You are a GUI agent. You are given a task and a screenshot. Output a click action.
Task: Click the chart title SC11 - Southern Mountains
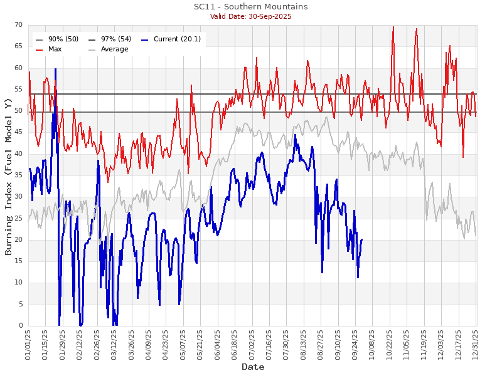(250, 7)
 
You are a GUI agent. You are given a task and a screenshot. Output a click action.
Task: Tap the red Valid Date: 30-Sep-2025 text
(250, 16)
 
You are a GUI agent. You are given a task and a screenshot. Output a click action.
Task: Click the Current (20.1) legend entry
(172, 39)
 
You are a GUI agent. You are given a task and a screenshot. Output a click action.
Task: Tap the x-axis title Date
(253, 367)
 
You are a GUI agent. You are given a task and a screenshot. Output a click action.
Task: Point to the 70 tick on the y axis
(18, 25)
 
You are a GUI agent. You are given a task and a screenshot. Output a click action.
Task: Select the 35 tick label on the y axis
(18, 175)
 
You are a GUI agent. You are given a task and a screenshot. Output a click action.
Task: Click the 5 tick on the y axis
(20, 305)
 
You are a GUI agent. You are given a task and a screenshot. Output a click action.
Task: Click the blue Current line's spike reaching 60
(55, 70)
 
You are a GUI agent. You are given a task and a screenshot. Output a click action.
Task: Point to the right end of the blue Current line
(362, 239)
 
